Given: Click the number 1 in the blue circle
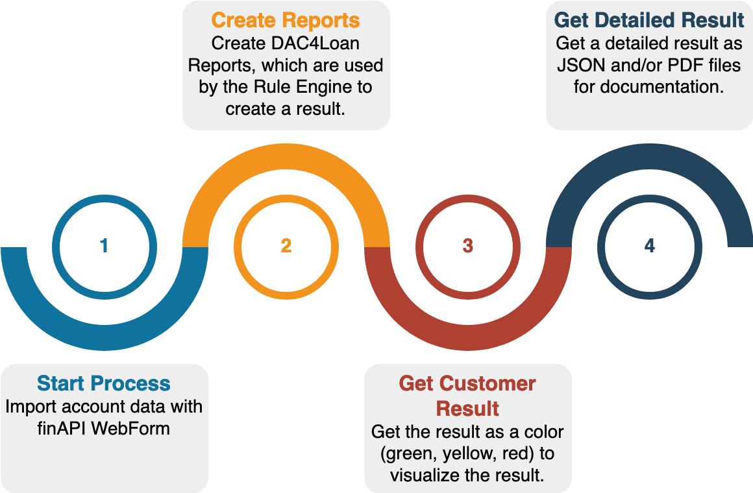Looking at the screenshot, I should tap(104, 246).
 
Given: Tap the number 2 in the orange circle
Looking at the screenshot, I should tap(286, 246).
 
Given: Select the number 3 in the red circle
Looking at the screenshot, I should tap(468, 246).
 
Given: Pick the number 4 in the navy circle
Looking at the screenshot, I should tap(650, 246).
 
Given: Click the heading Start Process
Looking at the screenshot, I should tap(104, 383).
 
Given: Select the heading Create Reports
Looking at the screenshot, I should tap(286, 20).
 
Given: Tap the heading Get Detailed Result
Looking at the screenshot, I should tap(649, 20).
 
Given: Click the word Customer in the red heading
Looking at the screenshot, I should tap(495, 383).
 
